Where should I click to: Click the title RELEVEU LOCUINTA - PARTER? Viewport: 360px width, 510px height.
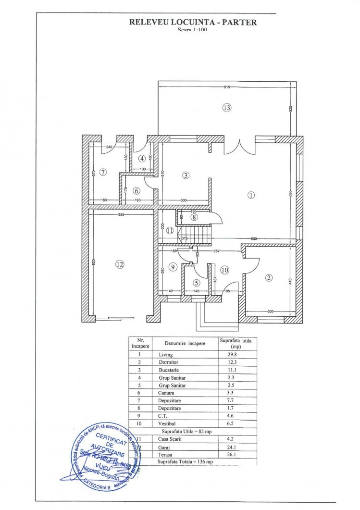pyautogui.click(x=193, y=22)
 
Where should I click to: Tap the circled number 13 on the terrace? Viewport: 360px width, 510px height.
pyautogui.click(x=227, y=108)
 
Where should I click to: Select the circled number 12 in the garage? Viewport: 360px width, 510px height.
pyautogui.click(x=120, y=263)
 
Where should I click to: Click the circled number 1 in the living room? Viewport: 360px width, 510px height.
pyautogui.click(x=250, y=195)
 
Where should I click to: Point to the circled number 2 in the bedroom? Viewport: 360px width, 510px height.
pyautogui.click(x=269, y=277)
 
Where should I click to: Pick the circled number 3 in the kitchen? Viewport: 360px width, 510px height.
pyautogui.click(x=186, y=175)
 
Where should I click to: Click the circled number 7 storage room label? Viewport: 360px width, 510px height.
pyautogui.click(x=102, y=172)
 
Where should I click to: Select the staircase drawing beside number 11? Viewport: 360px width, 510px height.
pyautogui.click(x=195, y=235)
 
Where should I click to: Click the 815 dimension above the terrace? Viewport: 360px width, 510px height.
pyautogui.click(x=227, y=87)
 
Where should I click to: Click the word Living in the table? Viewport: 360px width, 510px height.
pyautogui.click(x=166, y=354)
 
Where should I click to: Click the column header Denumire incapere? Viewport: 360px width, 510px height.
pyautogui.click(x=185, y=344)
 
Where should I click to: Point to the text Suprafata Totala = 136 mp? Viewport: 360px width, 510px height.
pyautogui.click(x=185, y=461)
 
